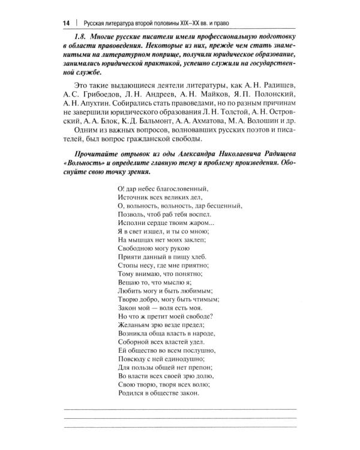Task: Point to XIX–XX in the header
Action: tap(181, 23)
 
